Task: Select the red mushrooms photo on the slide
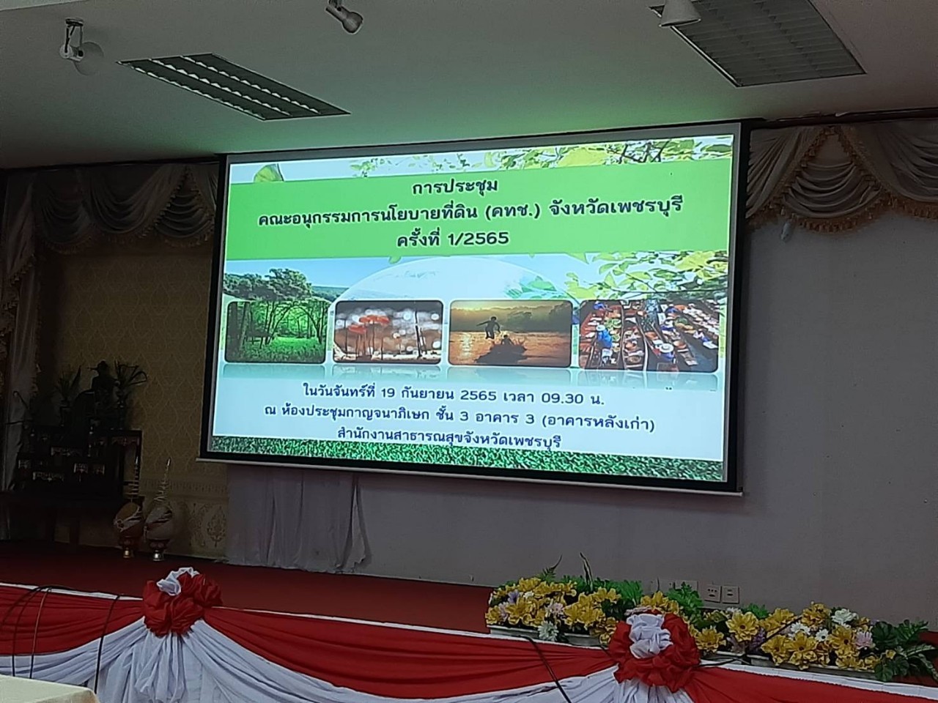(x=388, y=332)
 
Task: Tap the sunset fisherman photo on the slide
(x=510, y=333)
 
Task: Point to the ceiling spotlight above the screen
(x=345, y=15)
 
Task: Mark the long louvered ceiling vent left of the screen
(x=233, y=86)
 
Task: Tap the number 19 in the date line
(x=387, y=394)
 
